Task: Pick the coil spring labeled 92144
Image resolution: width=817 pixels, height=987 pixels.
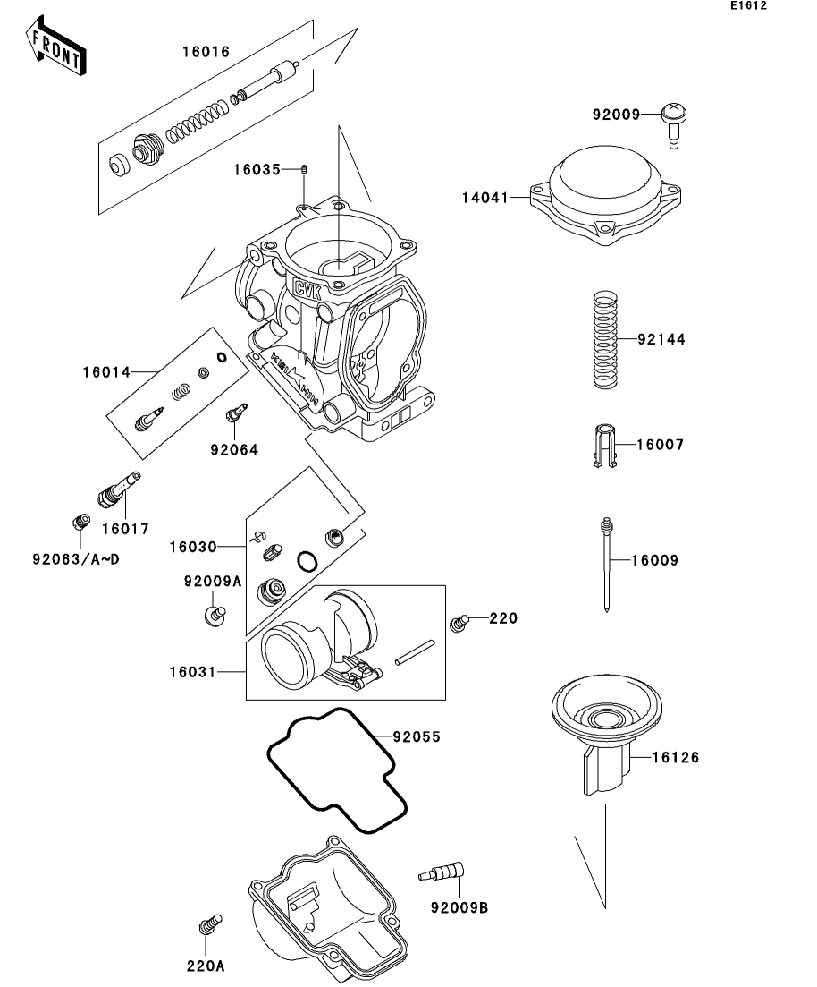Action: [x=606, y=340]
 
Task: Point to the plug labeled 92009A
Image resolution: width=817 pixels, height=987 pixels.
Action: [x=213, y=614]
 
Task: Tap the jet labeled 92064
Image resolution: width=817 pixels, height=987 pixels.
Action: [x=236, y=414]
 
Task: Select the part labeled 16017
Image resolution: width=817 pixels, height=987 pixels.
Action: [x=117, y=489]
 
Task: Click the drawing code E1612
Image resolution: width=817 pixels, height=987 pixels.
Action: [x=748, y=6]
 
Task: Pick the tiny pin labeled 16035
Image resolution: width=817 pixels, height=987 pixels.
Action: [x=304, y=169]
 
